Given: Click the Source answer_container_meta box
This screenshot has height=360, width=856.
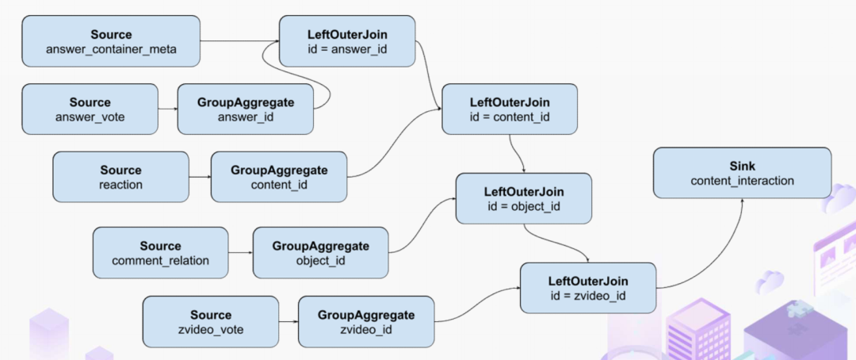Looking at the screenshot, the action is [x=111, y=41].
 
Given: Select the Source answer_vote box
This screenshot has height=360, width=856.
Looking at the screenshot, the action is [x=90, y=109].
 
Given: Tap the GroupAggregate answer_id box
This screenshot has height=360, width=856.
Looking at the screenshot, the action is [x=246, y=109].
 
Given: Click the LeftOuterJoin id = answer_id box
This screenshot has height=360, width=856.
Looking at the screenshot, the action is [x=347, y=41].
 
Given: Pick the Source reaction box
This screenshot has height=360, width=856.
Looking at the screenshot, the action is [x=120, y=177].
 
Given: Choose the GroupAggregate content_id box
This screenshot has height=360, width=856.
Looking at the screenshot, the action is [x=279, y=177].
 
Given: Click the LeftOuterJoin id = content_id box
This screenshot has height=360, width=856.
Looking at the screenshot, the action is [x=510, y=109].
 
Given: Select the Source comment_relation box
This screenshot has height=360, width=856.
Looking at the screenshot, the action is [x=160, y=253].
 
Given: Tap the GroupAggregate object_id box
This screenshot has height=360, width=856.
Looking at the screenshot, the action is [x=320, y=253].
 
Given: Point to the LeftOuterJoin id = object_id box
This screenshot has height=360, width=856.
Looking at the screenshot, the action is [x=524, y=198].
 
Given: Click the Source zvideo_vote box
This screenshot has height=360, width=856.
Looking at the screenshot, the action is [x=211, y=322].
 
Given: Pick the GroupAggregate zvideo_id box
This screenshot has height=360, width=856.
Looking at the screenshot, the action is [x=366, y=322].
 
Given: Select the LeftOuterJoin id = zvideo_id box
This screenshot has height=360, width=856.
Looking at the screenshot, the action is [x=588, y=288].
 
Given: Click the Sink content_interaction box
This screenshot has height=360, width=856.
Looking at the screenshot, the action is [x=743, y=173].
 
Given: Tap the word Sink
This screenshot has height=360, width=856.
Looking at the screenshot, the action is [x=743, y=166].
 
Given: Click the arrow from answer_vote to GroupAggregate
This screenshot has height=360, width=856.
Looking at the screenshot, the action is [x=168, y=109].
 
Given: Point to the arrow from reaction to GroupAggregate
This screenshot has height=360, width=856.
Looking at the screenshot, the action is [x=200, y=177].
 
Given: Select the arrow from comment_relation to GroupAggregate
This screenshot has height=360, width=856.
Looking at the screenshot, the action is [x=241, y=253].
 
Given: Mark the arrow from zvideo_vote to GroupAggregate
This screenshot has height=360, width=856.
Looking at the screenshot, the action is [x=289, y=322].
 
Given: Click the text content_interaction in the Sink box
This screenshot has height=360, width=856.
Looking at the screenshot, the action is [x=743, y=180].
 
